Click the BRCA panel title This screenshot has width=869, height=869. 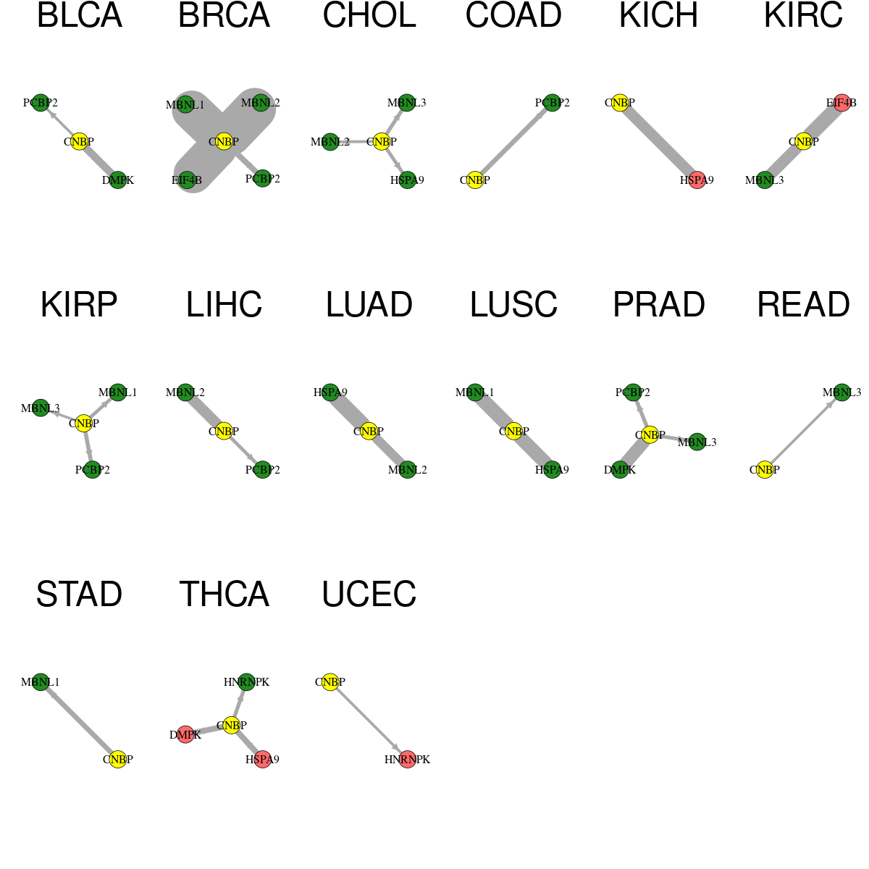(224, 15)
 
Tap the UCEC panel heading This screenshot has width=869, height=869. (369, 594)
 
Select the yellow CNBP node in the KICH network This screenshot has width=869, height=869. (620, 103)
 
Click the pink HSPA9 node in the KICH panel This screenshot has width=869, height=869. (697, 180)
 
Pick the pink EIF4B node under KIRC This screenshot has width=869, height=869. (842, 103)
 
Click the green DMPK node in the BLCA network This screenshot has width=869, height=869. (118, 180)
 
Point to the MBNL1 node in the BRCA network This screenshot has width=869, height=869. (185, 104)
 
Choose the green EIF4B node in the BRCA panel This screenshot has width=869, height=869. (187, 180)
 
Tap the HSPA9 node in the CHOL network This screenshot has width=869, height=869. (407, 180)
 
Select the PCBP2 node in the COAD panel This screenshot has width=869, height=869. (553, 103)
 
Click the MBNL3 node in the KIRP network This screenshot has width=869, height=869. (41, 408)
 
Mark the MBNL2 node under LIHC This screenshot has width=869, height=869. (185, 392)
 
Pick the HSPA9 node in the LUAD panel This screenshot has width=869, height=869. (330, 392)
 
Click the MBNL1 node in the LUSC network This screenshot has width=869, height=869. (475, 392)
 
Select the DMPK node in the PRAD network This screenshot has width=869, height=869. (620, 469)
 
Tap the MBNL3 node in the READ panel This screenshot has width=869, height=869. (842, 392)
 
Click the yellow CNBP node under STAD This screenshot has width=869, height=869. (118, 760)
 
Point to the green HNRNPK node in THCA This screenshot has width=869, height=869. (247, 682)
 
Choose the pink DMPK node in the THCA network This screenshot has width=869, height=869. (185, 735)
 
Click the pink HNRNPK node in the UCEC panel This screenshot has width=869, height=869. (407, 760)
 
